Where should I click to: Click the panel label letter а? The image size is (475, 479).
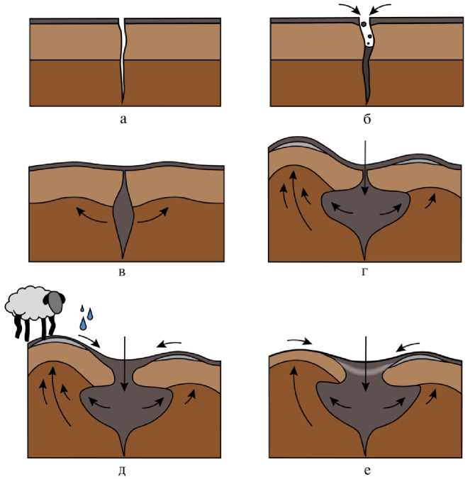pos(123,118)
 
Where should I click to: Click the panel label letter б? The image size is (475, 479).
pos(366,118)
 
